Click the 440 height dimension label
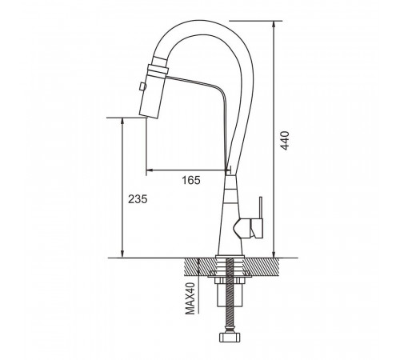[x=285, y=141]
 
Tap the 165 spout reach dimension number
[x=191, y=180]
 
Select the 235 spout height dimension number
[x=138, y=199]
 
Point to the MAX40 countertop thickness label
[x=190, y=298]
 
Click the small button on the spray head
[x=142, y=86]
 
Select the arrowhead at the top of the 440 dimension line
[x=274, y=24]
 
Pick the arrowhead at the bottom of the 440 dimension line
[x=274, y=254]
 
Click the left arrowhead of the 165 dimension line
[x=150, y=170]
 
